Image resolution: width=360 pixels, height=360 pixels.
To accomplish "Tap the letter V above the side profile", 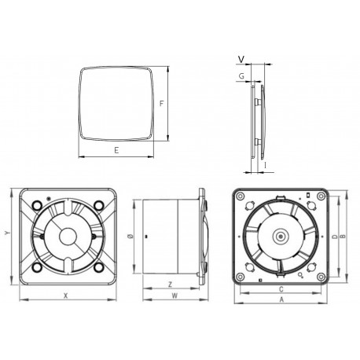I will tap(241, 58).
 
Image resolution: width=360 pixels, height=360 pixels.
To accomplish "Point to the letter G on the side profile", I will tap(241, 75).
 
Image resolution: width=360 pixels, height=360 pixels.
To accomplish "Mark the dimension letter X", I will tap(65, 296).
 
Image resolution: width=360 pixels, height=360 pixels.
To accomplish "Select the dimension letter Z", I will tap(170, 284).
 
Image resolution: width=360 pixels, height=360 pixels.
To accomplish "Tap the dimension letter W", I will tap(174, 296).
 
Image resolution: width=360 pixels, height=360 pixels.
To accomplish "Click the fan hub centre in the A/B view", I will tap(280, 234).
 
